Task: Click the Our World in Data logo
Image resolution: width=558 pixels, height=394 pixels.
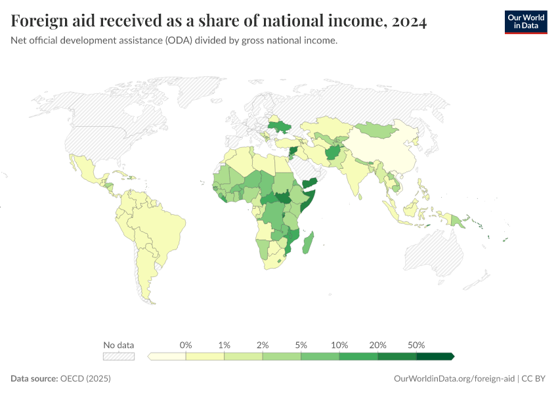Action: point(525,22)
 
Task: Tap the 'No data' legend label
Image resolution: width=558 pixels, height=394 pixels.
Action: point(118,345)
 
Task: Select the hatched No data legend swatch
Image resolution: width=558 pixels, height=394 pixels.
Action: point(118,357)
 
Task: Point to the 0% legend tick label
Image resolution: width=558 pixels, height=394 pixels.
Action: point(186,345)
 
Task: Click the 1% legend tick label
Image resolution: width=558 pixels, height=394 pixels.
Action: point(225,345)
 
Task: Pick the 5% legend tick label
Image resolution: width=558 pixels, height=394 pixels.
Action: point(301,345)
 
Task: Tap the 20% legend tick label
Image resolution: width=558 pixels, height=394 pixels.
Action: point(378,345)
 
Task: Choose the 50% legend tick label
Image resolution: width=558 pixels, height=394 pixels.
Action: point(416,345)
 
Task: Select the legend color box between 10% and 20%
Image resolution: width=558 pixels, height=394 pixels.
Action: point(358,357)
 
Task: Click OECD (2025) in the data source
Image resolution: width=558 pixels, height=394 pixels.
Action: point(85,379)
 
